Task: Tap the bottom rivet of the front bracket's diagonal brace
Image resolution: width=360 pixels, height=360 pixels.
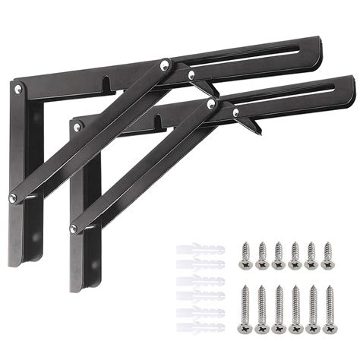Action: (73, 229)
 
